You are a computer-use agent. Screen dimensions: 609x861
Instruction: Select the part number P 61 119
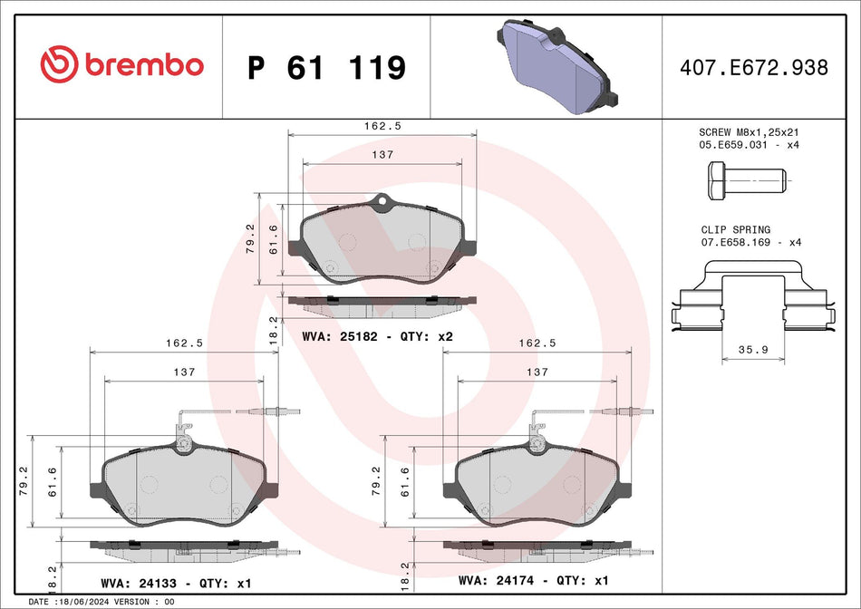point(326,67)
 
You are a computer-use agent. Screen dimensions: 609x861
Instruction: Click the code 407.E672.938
point(754,67)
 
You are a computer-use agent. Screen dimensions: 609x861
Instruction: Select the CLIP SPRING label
point(735,230)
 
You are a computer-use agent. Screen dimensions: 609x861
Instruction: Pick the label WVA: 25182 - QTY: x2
point(376,336)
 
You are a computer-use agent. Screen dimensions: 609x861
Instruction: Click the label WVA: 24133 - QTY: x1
point(175,582)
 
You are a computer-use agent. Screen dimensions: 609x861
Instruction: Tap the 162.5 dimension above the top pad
point(382,126)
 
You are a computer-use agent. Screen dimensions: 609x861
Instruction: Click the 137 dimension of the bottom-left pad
point(184,372)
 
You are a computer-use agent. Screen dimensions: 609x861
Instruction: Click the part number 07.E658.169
point(736,243)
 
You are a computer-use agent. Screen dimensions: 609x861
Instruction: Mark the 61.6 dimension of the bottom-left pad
point(53,482)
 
